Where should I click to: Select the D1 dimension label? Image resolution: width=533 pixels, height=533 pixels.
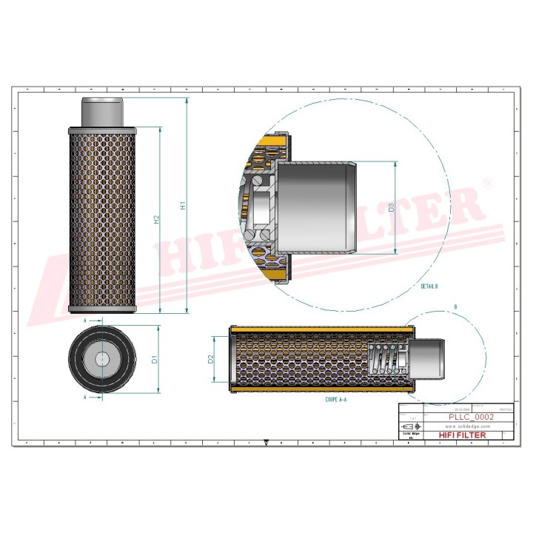[x=155, y=360]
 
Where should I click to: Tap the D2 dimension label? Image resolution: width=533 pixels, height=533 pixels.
[x=211, y=360]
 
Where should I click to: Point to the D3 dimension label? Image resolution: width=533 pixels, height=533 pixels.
[x=392, y=208]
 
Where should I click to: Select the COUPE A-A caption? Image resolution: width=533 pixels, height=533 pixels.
[x=337, y=398]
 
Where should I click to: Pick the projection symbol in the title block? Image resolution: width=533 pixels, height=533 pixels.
[x=409, y=427]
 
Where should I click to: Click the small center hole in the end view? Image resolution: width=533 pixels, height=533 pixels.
[x=101, y=360]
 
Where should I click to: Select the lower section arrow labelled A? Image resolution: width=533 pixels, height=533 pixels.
[x=87, y=398]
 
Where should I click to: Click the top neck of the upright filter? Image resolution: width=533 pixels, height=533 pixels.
[x=101, y=112]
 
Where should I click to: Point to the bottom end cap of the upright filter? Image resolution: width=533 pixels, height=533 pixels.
[x=101, y=309]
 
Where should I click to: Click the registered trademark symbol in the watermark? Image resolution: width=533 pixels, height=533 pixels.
[x=486, y=182]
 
